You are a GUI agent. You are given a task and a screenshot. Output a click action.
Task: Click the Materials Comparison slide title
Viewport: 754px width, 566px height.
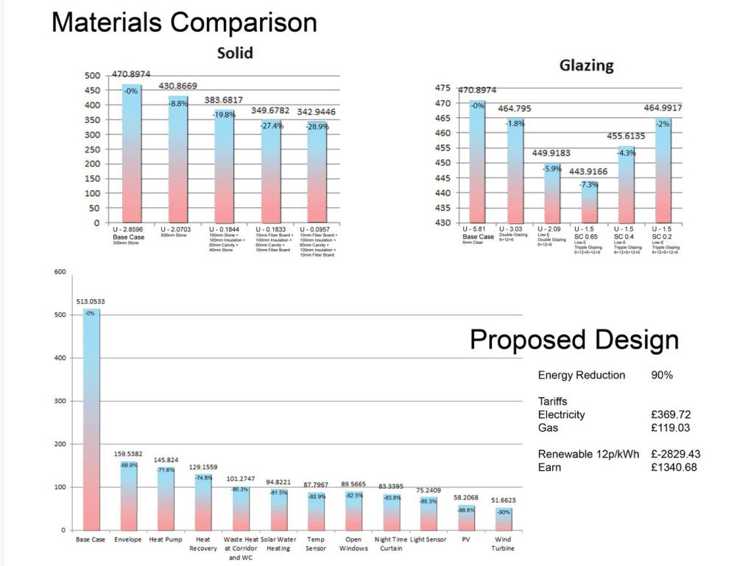(x=184, y=22)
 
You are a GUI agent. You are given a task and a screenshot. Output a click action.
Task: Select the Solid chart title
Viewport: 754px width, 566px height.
(x=235, y=53)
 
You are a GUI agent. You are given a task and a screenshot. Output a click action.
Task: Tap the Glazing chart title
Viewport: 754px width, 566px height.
(x=587, y=65)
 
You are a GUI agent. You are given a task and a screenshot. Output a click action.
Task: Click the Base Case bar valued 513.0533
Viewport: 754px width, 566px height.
(x=90, y=420)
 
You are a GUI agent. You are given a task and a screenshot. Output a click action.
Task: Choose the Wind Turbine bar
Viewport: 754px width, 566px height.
(x=503, y=519)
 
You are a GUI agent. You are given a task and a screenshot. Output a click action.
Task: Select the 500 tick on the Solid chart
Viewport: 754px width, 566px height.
(x=92, y=75)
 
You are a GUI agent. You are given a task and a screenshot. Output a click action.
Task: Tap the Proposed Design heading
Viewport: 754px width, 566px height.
(x=574, y=340)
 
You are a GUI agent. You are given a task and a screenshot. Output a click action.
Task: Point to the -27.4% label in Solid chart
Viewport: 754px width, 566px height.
(x=271, y=125)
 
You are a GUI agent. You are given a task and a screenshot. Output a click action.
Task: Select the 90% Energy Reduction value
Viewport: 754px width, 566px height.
(x=662, y=375)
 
